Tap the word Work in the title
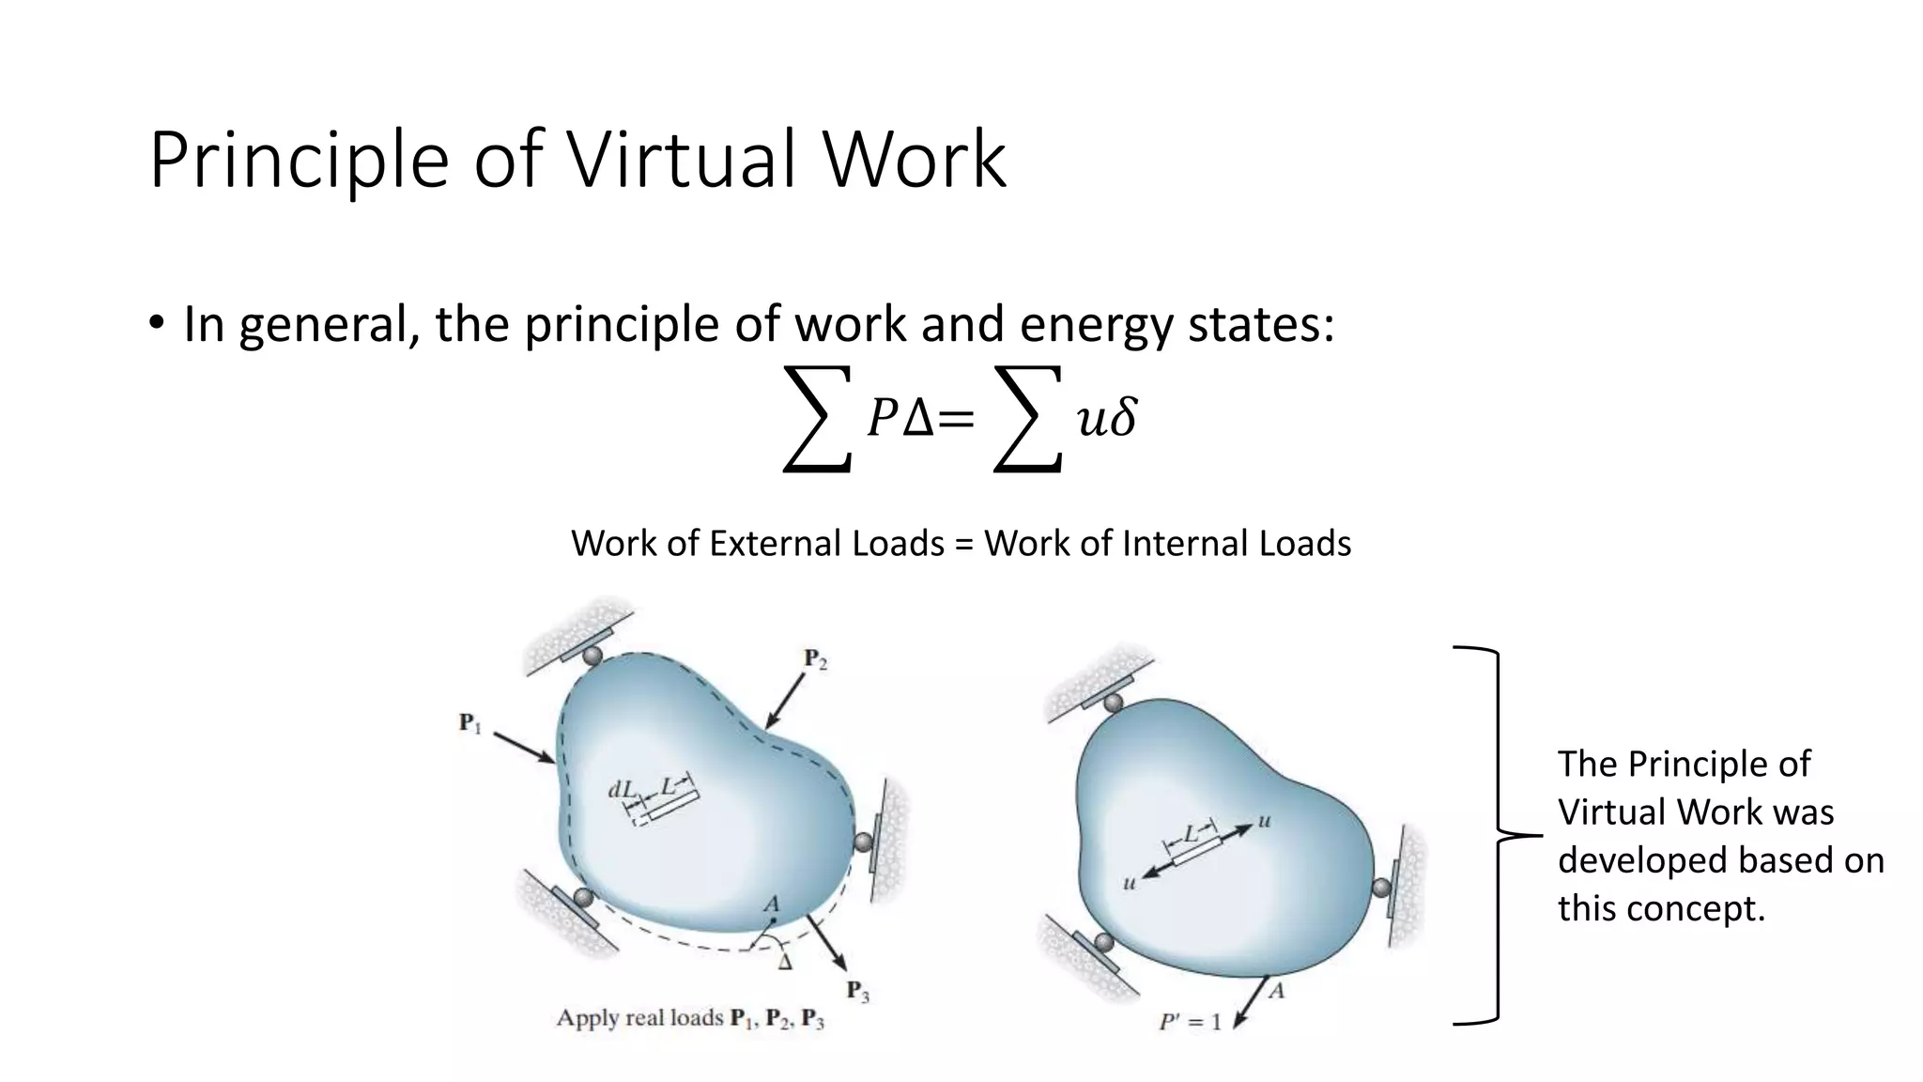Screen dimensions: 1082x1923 coord(915,160)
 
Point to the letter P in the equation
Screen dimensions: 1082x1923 coord(882,419)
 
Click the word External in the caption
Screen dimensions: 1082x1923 coord(826,544)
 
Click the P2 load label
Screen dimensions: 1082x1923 coord(815,659)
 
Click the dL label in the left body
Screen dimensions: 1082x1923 coord(622,790)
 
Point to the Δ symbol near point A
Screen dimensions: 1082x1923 coord(785,962)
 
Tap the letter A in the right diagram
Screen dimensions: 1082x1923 coord(1275,990)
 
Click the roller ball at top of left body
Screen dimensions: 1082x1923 coord(592,655)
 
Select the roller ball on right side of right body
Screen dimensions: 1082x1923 coord(1381,888)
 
